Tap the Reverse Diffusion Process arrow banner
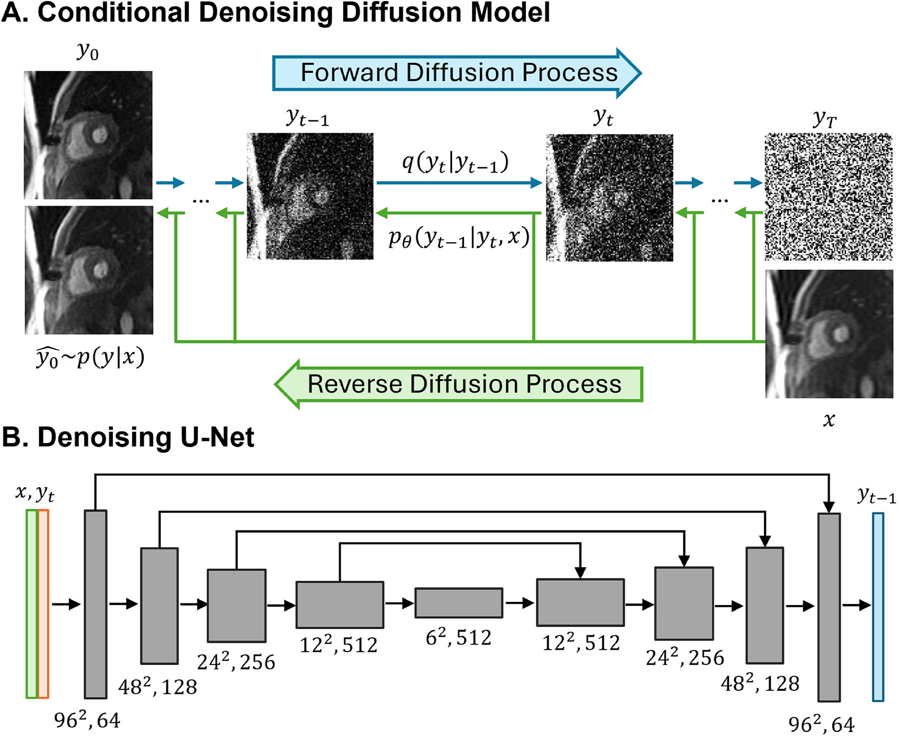[x=459, y=384]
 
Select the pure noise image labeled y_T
[x=828, y=196]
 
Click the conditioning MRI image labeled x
[x=829, y=334]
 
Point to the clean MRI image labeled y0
[x=88, y=135]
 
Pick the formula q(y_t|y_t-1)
[x=455, y=163]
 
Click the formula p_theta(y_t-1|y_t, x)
[x=458, y=238]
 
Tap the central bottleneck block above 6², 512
[x=459, y=602]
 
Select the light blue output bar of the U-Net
[x=878, y=606]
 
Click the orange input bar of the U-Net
[x=44, y=604]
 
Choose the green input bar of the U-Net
[x=32, y=604]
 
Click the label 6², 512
[x=458, y=638]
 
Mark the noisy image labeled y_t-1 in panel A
[x=310, y=196]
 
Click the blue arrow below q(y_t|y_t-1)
[x=459, y=182]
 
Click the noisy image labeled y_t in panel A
[x=609, y=198]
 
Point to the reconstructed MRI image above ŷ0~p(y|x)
[x=88, y=270]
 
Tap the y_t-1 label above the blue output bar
[x=876, y=496]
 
